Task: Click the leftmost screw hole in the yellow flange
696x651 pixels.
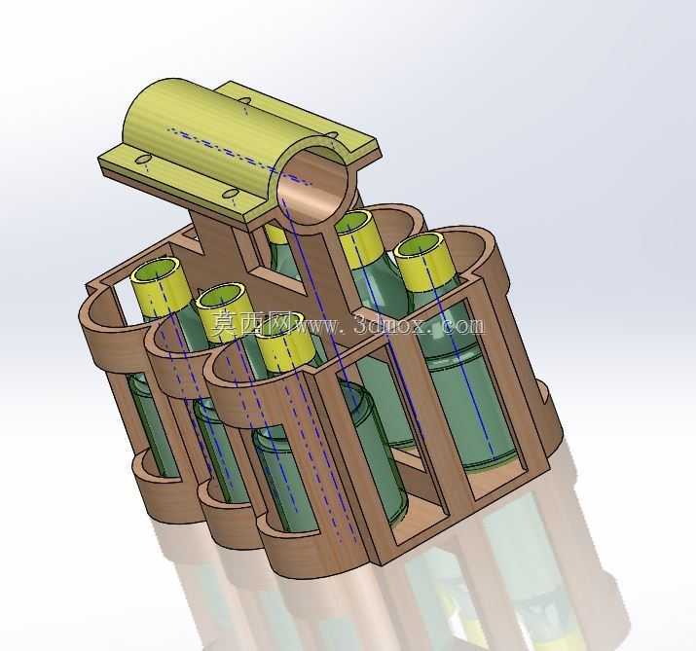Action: pyautogui.click(x=143, y=159)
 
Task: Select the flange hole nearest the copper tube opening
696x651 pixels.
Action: pyautogui.click(x=231, y=193)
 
